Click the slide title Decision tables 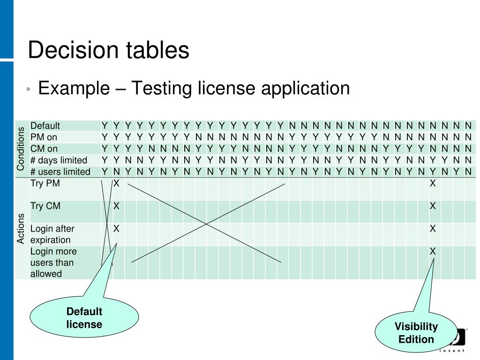[109, 50]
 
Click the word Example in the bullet [74, 88]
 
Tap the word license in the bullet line [226, 88]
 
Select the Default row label [45, 126]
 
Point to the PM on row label [44, 137]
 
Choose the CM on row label [44, 149]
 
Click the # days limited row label [59, 160]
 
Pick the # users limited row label [60, 172]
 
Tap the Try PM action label [45, 183]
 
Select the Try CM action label [45, 206]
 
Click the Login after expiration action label [52, 234]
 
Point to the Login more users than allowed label [53, 262]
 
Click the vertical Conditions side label [21, 149]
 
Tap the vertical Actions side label [21, 229]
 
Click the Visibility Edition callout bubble [416, 332]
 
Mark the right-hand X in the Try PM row [433, 183]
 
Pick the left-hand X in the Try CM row [116, 206]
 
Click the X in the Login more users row [433, 251]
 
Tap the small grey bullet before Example [29, 90]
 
